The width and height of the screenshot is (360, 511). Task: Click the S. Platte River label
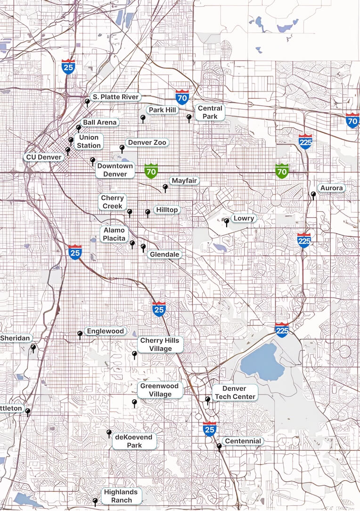pos(115,97)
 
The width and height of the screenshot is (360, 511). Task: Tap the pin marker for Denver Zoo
pos(122,148)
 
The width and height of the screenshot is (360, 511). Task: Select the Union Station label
pos(89,141)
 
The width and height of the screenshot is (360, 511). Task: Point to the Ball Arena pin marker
pos(79,127)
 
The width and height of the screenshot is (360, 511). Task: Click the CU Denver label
pos(43,157)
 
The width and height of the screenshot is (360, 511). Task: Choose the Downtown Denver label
pos(115,170)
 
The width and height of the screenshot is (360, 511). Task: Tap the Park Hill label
pos(162,110)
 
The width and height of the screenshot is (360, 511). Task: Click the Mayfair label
pos(184,181)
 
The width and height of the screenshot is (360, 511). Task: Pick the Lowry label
pos(244,218)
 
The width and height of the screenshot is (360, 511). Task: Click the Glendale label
pos(164,255)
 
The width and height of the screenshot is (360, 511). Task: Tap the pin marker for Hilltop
pos(147,213)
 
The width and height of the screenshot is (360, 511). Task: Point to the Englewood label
pos(105,331)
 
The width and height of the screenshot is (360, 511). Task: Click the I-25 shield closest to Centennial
pos(210,429)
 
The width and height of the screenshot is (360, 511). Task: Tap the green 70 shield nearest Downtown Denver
pos(151,171)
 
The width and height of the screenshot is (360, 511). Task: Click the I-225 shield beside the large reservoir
pos(282,330)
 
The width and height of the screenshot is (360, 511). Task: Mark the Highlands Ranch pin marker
pos(95,501)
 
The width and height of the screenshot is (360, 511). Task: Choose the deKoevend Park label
pos(134,441)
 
